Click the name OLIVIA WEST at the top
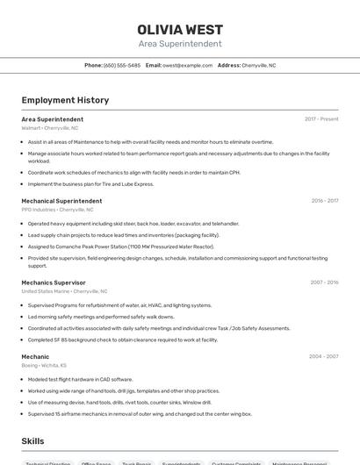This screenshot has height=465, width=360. tap(180, 30)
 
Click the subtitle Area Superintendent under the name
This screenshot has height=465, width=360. tap(180, 44)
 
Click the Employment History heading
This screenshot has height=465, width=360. tap(65, 100)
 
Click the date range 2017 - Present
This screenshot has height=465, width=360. tap(321, 118)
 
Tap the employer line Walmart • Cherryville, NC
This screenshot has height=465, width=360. tap(50, 127)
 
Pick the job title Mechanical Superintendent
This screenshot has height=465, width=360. tap(61, 201)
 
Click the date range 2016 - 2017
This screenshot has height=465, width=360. tap(324, 201)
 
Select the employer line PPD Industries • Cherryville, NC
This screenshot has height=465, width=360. tap(57, 210)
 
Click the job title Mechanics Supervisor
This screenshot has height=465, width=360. tap(54, 283)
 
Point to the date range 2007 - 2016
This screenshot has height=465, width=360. tap(324, 283)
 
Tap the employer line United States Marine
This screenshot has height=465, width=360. tap(64, 291)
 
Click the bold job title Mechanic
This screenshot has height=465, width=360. tap(35, 356)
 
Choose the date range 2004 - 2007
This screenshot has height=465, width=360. tap(324, 356)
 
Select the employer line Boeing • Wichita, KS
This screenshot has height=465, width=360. tap(44, 365)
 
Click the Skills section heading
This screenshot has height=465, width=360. tap(32, 441)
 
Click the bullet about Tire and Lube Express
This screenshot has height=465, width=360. tap(90, 184)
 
